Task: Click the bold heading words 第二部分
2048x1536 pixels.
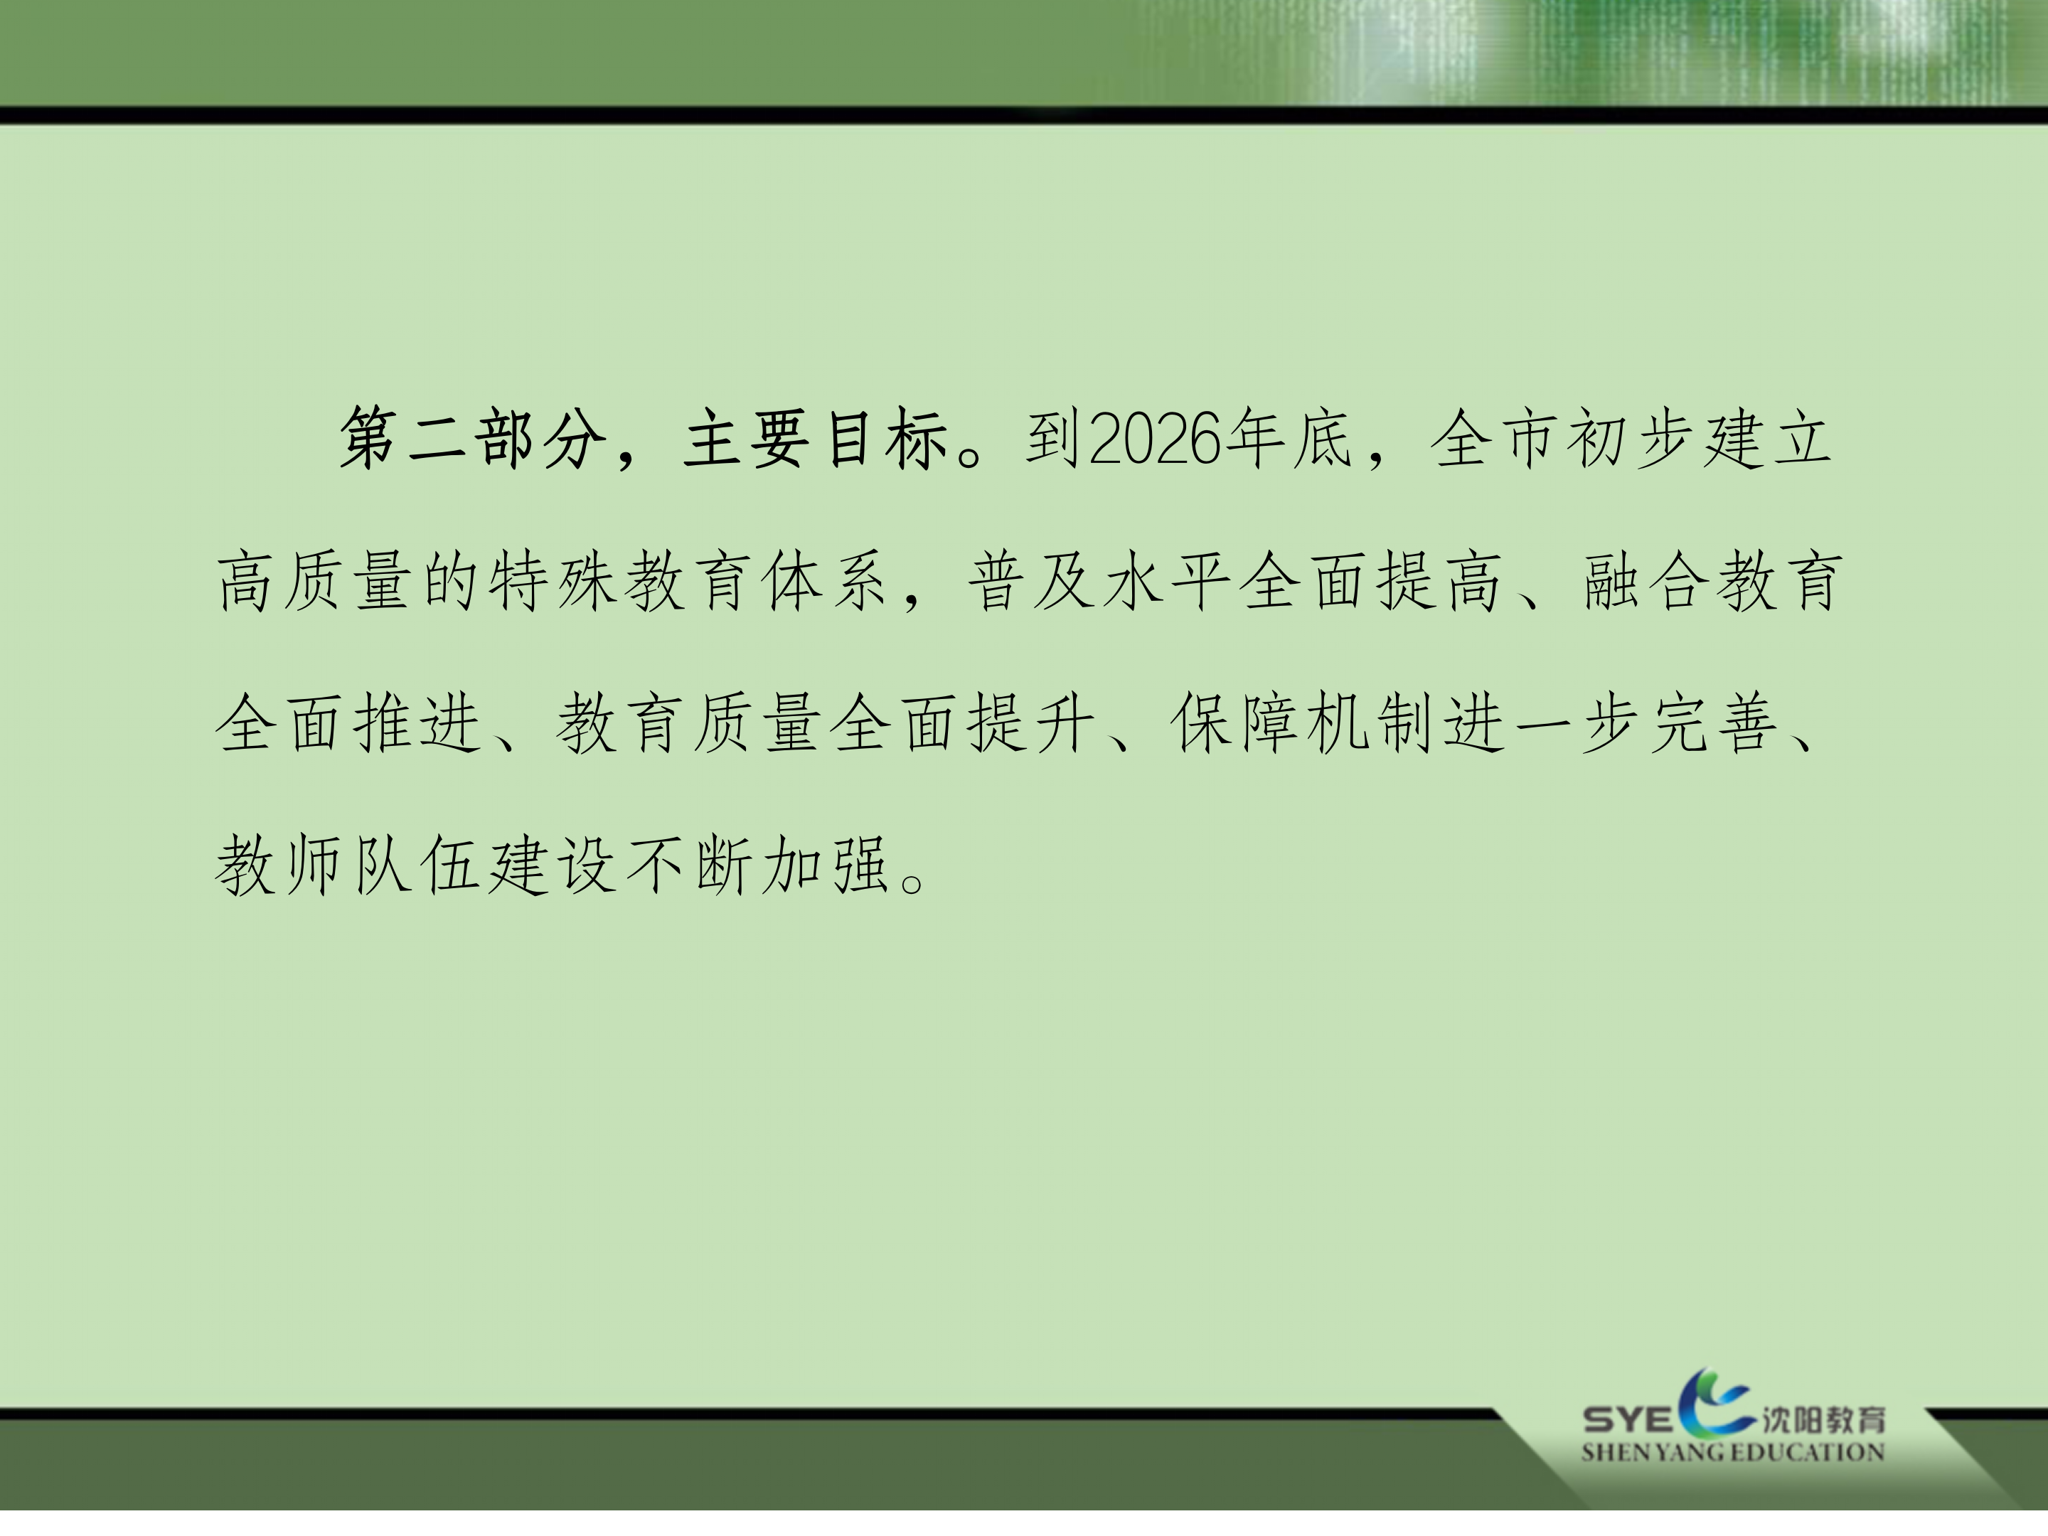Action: pyautogui.click(x=473, y=438)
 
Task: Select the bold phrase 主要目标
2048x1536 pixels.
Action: pyautogui.click(x=816, y=438)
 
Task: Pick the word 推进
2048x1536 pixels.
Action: pyautogui.click(x=417, y=722)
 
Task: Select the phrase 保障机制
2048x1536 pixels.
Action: pyautogui.click(x=1306, y=722)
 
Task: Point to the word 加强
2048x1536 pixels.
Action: pyautogui.click(x=825, y=865)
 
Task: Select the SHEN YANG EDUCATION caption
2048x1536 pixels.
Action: pyautogui.click(x=1732, y=1452)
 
